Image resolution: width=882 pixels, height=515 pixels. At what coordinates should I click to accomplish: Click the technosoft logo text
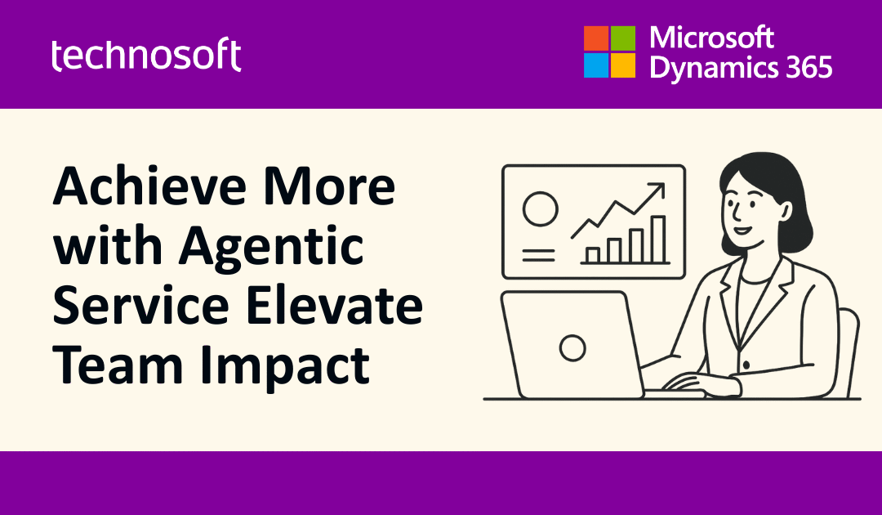[x=146, y=55]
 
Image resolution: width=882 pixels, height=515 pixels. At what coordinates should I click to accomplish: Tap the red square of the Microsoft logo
[x=596, y=38]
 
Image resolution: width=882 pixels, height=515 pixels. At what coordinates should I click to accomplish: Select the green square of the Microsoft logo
[x=623, y=38]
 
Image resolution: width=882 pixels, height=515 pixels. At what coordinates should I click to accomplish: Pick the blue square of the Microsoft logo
[x=596, y=65]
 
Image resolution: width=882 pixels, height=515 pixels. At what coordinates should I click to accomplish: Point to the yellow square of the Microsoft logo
[x=623, y=65]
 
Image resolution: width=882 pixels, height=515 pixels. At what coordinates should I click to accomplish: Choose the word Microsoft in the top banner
[x=710, y=38]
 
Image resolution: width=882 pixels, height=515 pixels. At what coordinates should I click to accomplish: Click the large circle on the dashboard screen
[x=540, y=209]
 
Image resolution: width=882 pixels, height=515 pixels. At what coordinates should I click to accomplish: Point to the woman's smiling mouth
[x=740, y=228]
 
